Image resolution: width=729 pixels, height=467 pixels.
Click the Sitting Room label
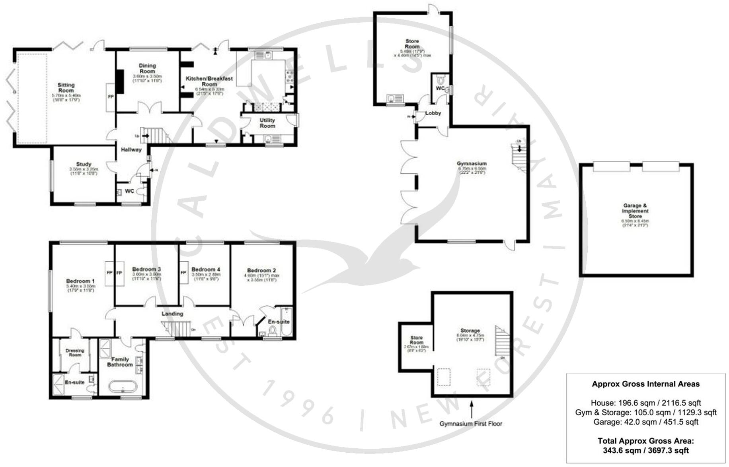point(66,87)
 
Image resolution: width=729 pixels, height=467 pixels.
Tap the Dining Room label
point(147,68)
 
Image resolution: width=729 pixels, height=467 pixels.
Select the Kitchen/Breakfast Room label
point(209,81)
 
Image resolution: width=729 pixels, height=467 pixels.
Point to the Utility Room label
point(267,123)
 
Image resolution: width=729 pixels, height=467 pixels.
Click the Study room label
point(84,164)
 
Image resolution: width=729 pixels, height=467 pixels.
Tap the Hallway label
point(131,150)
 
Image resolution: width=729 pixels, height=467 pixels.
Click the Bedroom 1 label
point(80,281)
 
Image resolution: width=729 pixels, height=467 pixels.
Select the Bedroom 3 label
point(146,269)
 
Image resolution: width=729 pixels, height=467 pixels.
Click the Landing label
point(172,314)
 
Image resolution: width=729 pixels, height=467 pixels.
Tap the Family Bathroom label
point(120,362)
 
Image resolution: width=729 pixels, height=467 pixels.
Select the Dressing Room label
point(75,353)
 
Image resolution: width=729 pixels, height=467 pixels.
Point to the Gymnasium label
point(472,163)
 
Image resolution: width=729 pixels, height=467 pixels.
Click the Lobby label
point(433,113)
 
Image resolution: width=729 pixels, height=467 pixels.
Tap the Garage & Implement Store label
point(635,211)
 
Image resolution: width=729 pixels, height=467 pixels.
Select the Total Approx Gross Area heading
point(645,441)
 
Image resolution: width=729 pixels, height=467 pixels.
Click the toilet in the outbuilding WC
point(440,78)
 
